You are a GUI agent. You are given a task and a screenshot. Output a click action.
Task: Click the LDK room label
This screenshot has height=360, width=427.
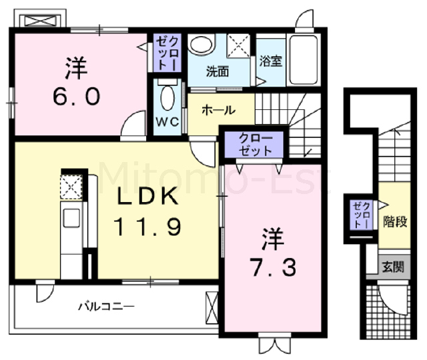[x=148, y=196]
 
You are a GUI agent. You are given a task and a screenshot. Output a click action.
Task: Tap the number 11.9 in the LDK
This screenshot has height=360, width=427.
[x=147, y=227]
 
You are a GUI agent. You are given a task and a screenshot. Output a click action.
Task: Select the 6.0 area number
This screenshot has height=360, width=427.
[x=77, y=97]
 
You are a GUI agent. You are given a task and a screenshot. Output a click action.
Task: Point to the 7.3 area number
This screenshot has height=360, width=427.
[x=274, y=268]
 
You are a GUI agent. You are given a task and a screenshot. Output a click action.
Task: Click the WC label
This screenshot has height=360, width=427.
[x=167, y=122]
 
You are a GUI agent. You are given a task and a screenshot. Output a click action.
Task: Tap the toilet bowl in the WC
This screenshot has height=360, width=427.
[x=167, y=97]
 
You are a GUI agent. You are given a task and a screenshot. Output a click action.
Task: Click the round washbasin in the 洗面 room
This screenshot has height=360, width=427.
[x=201, y=45]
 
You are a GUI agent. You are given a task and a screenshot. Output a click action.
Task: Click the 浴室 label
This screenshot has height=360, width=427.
[x=270, y=61]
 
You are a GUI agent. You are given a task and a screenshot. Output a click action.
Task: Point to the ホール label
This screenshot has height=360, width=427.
[x=219, y=110]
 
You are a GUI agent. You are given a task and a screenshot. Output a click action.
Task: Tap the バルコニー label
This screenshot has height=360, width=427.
[x=107, y=307]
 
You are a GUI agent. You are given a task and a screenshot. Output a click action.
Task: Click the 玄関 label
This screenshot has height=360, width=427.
[x=393, y=267]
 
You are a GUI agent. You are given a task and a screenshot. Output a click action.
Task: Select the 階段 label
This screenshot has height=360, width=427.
[x=395, y=222]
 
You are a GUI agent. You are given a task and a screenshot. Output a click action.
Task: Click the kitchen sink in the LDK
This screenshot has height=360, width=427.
[x=71, y=218]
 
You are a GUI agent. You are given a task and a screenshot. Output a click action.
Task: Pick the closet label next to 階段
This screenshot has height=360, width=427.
[x=361, y=215]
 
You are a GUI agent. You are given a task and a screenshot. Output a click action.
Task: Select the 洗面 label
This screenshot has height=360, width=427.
[x=218, y=71]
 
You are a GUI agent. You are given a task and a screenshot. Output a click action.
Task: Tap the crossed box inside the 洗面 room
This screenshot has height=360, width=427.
[x=239, y=46]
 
